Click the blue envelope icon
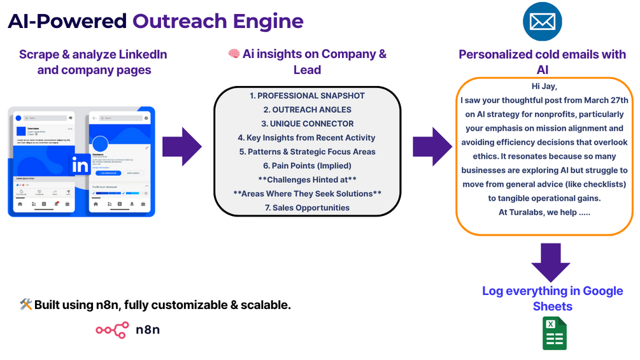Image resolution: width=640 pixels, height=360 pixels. coord(543,22)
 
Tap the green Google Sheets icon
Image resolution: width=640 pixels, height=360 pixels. coord(554,333)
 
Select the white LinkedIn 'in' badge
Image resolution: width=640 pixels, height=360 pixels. coord(82,164)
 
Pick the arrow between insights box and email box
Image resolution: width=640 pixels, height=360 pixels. coord(432,147)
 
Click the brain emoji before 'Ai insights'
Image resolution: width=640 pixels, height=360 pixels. coord(234,54)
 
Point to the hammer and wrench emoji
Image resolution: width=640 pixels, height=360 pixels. coord(25,305)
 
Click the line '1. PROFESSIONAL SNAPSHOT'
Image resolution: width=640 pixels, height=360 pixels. coord(307,96)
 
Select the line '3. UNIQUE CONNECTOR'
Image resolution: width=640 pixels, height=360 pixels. coord(307,124)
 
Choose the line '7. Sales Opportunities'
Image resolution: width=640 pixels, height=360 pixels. coord(307,208)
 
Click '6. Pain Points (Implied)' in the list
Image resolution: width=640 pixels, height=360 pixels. coord(307,166)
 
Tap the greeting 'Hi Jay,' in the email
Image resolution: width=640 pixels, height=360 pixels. coord(544,87)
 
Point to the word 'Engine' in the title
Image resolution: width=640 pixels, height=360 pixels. coord(269,21)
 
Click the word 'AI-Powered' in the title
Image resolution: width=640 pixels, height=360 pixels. coord(67,21)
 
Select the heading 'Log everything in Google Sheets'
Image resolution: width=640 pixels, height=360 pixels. coord(552,298)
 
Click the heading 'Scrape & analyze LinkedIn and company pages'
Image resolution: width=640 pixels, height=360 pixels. coord(93,62)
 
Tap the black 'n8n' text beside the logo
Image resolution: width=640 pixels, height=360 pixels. coord(148,329)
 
